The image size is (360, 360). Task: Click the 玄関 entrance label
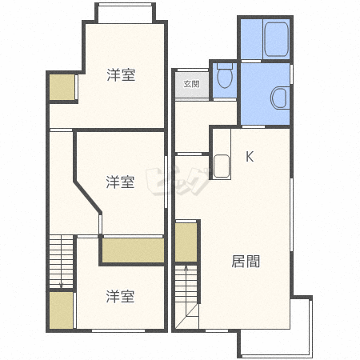click(192, 84)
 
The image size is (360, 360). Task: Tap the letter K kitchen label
click(250, 157)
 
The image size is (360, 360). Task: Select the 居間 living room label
click(246, 262)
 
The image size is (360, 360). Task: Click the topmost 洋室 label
click(121, 75)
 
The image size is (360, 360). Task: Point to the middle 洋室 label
click(120, 182)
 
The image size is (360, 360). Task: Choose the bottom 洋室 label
click(120, 297)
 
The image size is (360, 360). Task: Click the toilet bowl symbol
click(225, 76)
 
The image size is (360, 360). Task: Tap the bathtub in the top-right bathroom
click(277, 39)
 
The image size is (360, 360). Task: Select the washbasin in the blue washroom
click(280, 98)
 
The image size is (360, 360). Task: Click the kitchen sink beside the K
click(222, 166)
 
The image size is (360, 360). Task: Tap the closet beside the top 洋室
click(62, 87)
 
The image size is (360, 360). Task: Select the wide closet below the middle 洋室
click(133, 250)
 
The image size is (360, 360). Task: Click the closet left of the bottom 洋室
click(62, 310)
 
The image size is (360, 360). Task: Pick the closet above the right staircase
click(186, 242)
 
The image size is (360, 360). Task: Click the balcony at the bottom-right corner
click(276, 328)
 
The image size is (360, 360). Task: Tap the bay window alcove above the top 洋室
click(126, 14)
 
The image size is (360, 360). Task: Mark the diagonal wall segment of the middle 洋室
click(87, 197)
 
